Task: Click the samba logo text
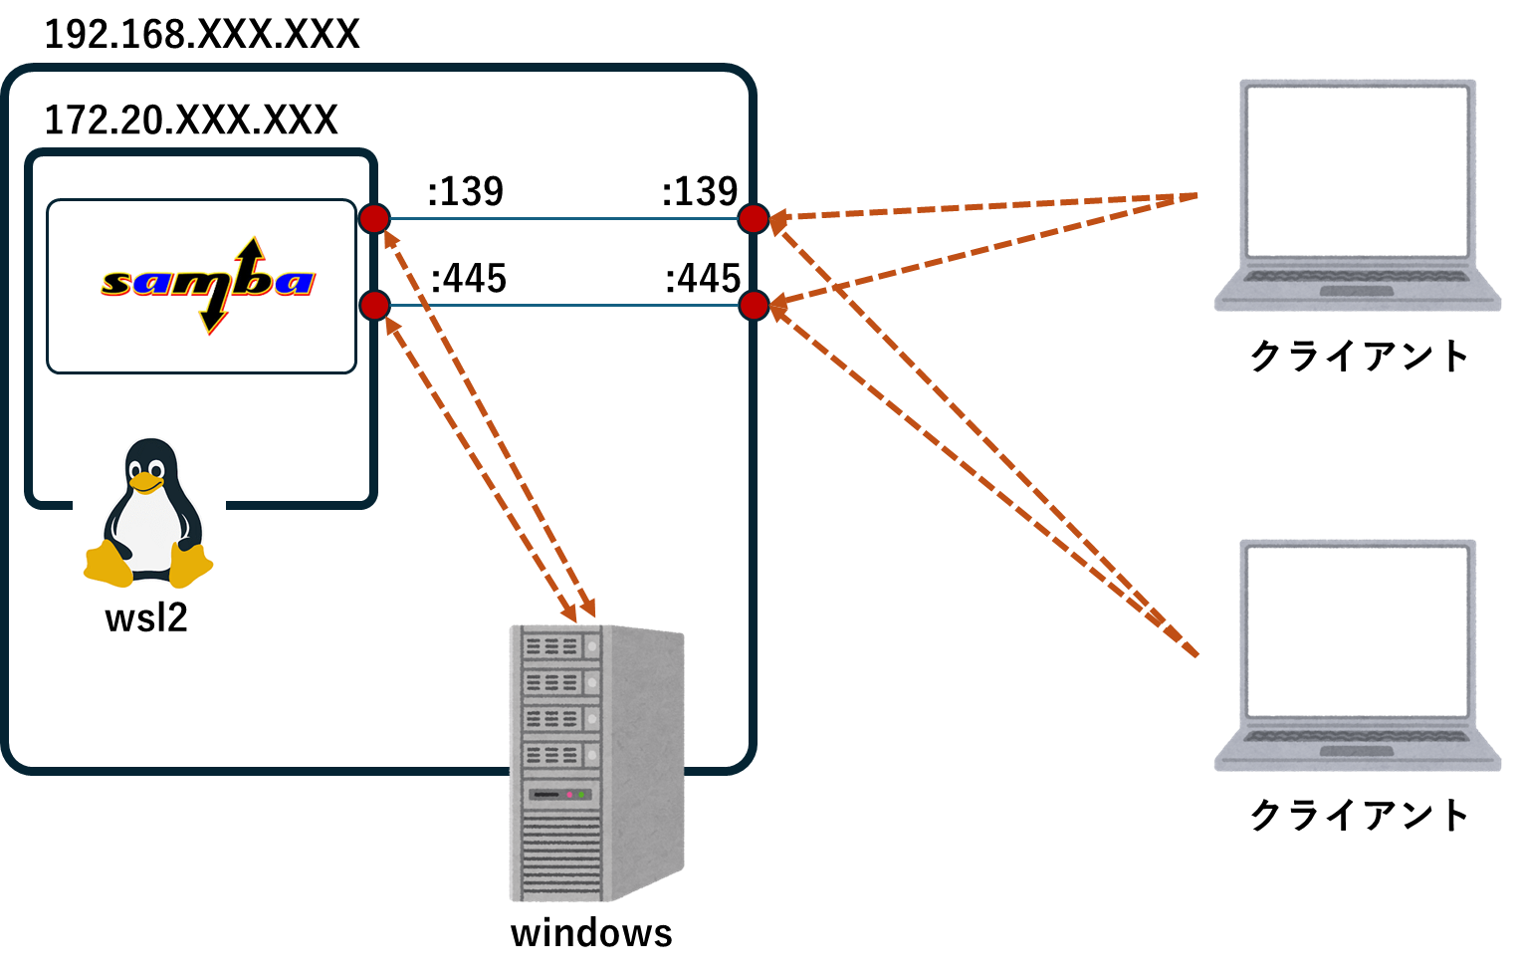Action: (207, 282)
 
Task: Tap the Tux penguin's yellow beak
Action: (146, 483)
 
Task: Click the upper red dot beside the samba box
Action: (374, 218)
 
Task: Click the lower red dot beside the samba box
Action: (374, 305)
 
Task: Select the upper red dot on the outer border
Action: (754, 218)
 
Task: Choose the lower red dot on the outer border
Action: (754, 305)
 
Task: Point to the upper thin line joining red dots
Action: (562, 218)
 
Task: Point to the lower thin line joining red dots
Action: (562, 305)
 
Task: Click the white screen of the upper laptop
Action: (1358, 170)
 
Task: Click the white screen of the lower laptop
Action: (1358, 630)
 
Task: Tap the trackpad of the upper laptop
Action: (1357, 291)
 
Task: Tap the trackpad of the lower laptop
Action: (1357, 751)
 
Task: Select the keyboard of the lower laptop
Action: (1357, 736)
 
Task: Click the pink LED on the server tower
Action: (569, 795)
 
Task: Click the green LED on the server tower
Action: (582, 795)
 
